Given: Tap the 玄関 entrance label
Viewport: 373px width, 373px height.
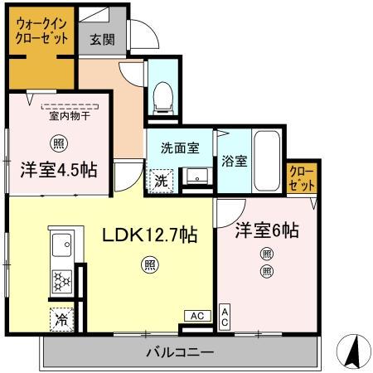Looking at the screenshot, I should click(102, 38).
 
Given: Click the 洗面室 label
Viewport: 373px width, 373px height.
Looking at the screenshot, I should click(179, 148).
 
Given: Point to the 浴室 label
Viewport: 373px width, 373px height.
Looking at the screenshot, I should click(234, 162).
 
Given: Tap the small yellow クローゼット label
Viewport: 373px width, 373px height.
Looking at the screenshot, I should click(301, 179).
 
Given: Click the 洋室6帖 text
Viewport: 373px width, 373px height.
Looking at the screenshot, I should click(265, 230).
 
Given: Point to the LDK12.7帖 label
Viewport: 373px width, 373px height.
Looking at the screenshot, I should click(149, 235).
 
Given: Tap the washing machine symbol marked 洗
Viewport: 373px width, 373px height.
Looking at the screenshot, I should click(161, 180).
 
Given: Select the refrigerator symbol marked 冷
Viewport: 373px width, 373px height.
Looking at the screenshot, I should click(62, 317).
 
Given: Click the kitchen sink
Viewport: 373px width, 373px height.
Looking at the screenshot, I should click(62, 246).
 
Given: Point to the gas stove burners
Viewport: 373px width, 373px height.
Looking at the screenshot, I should click(62, 280).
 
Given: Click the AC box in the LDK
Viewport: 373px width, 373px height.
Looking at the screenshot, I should click(196, 316).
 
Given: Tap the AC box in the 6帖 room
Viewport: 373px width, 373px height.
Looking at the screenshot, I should click(225, 316).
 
